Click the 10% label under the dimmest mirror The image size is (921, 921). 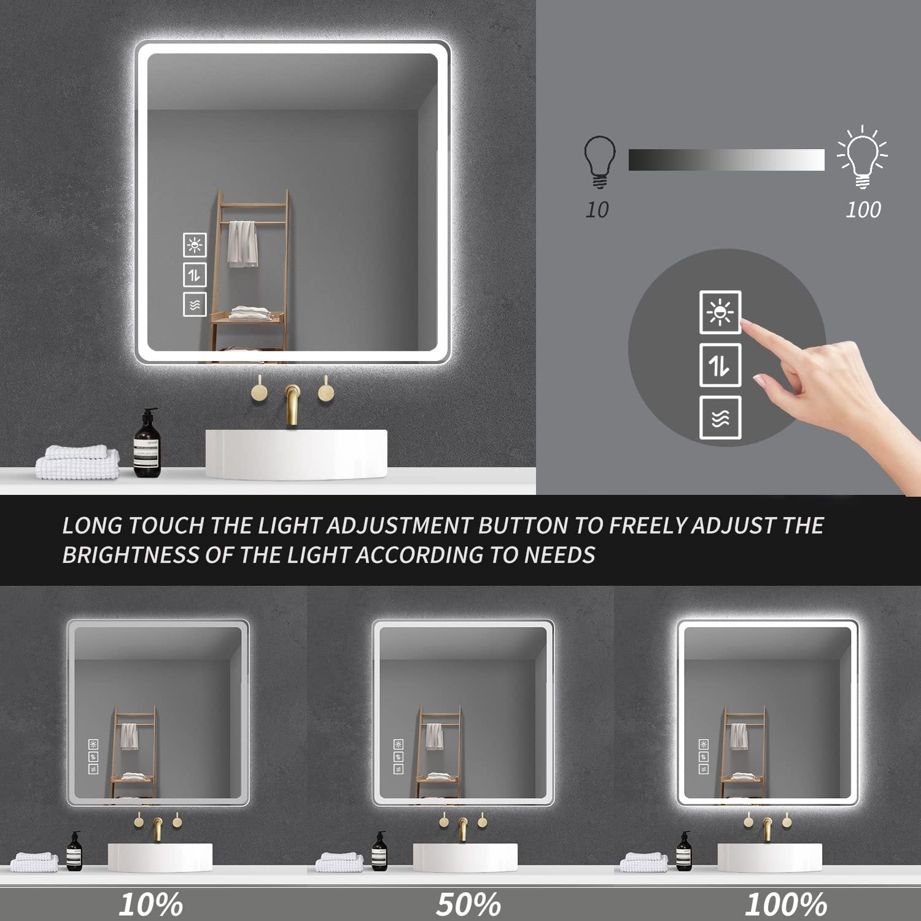coord(150,904)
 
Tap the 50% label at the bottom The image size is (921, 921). coord(468,904)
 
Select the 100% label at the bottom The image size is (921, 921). coord(786,904)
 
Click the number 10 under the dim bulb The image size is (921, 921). coord(597,210)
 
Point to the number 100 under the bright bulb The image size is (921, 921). coord(863,210)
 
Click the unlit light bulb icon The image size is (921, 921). coord(599,161)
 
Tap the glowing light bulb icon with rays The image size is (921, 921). coord(863,157)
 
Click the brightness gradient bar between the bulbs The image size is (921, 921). coord(726,160)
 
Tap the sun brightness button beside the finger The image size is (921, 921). coord(720,313)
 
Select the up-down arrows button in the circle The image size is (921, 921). coord(720,365)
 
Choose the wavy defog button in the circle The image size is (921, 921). coord(720,418)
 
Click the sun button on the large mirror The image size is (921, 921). coord(195,245)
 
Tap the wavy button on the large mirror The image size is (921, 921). coord(195,305)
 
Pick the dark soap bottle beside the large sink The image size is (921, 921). coord(147,443)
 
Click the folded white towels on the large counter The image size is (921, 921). coord(77,463)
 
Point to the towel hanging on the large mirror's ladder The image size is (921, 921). coord(243,244)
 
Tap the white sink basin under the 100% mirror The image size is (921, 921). coord(770,857)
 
